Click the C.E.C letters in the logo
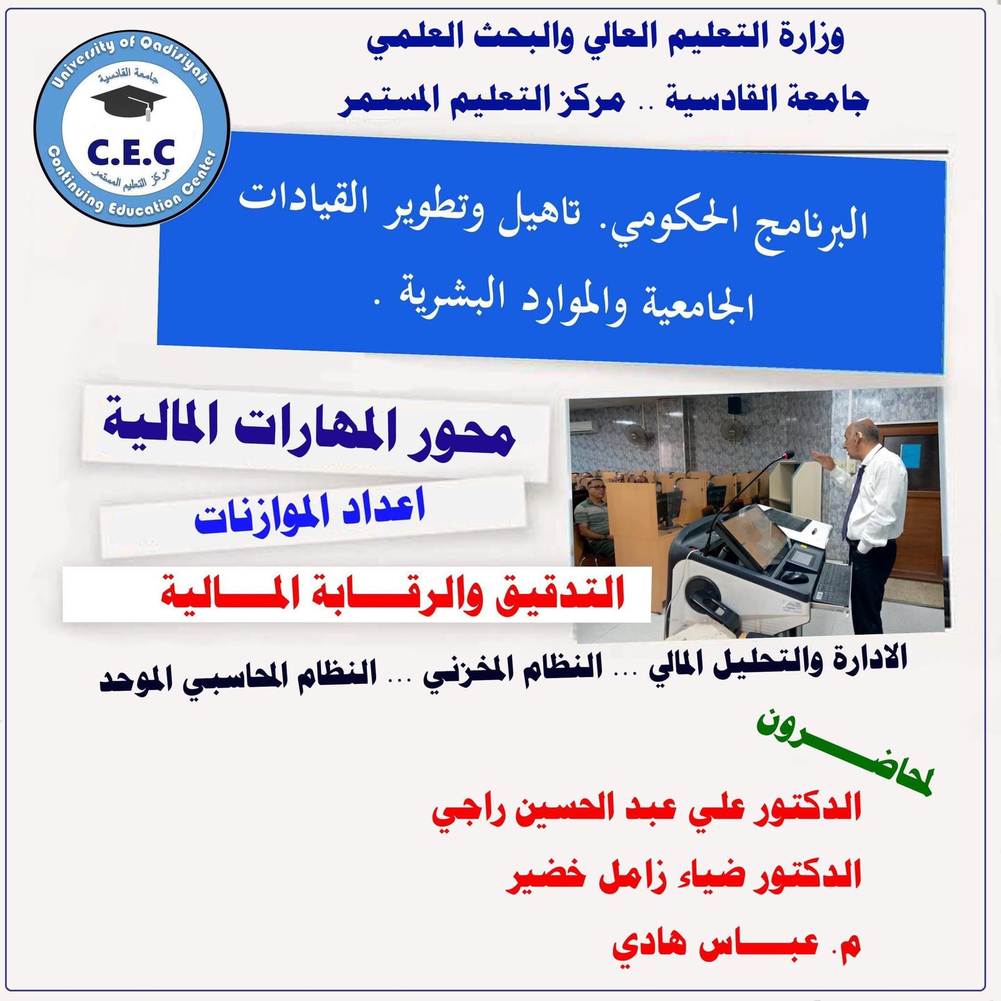(x=131, y=153)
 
